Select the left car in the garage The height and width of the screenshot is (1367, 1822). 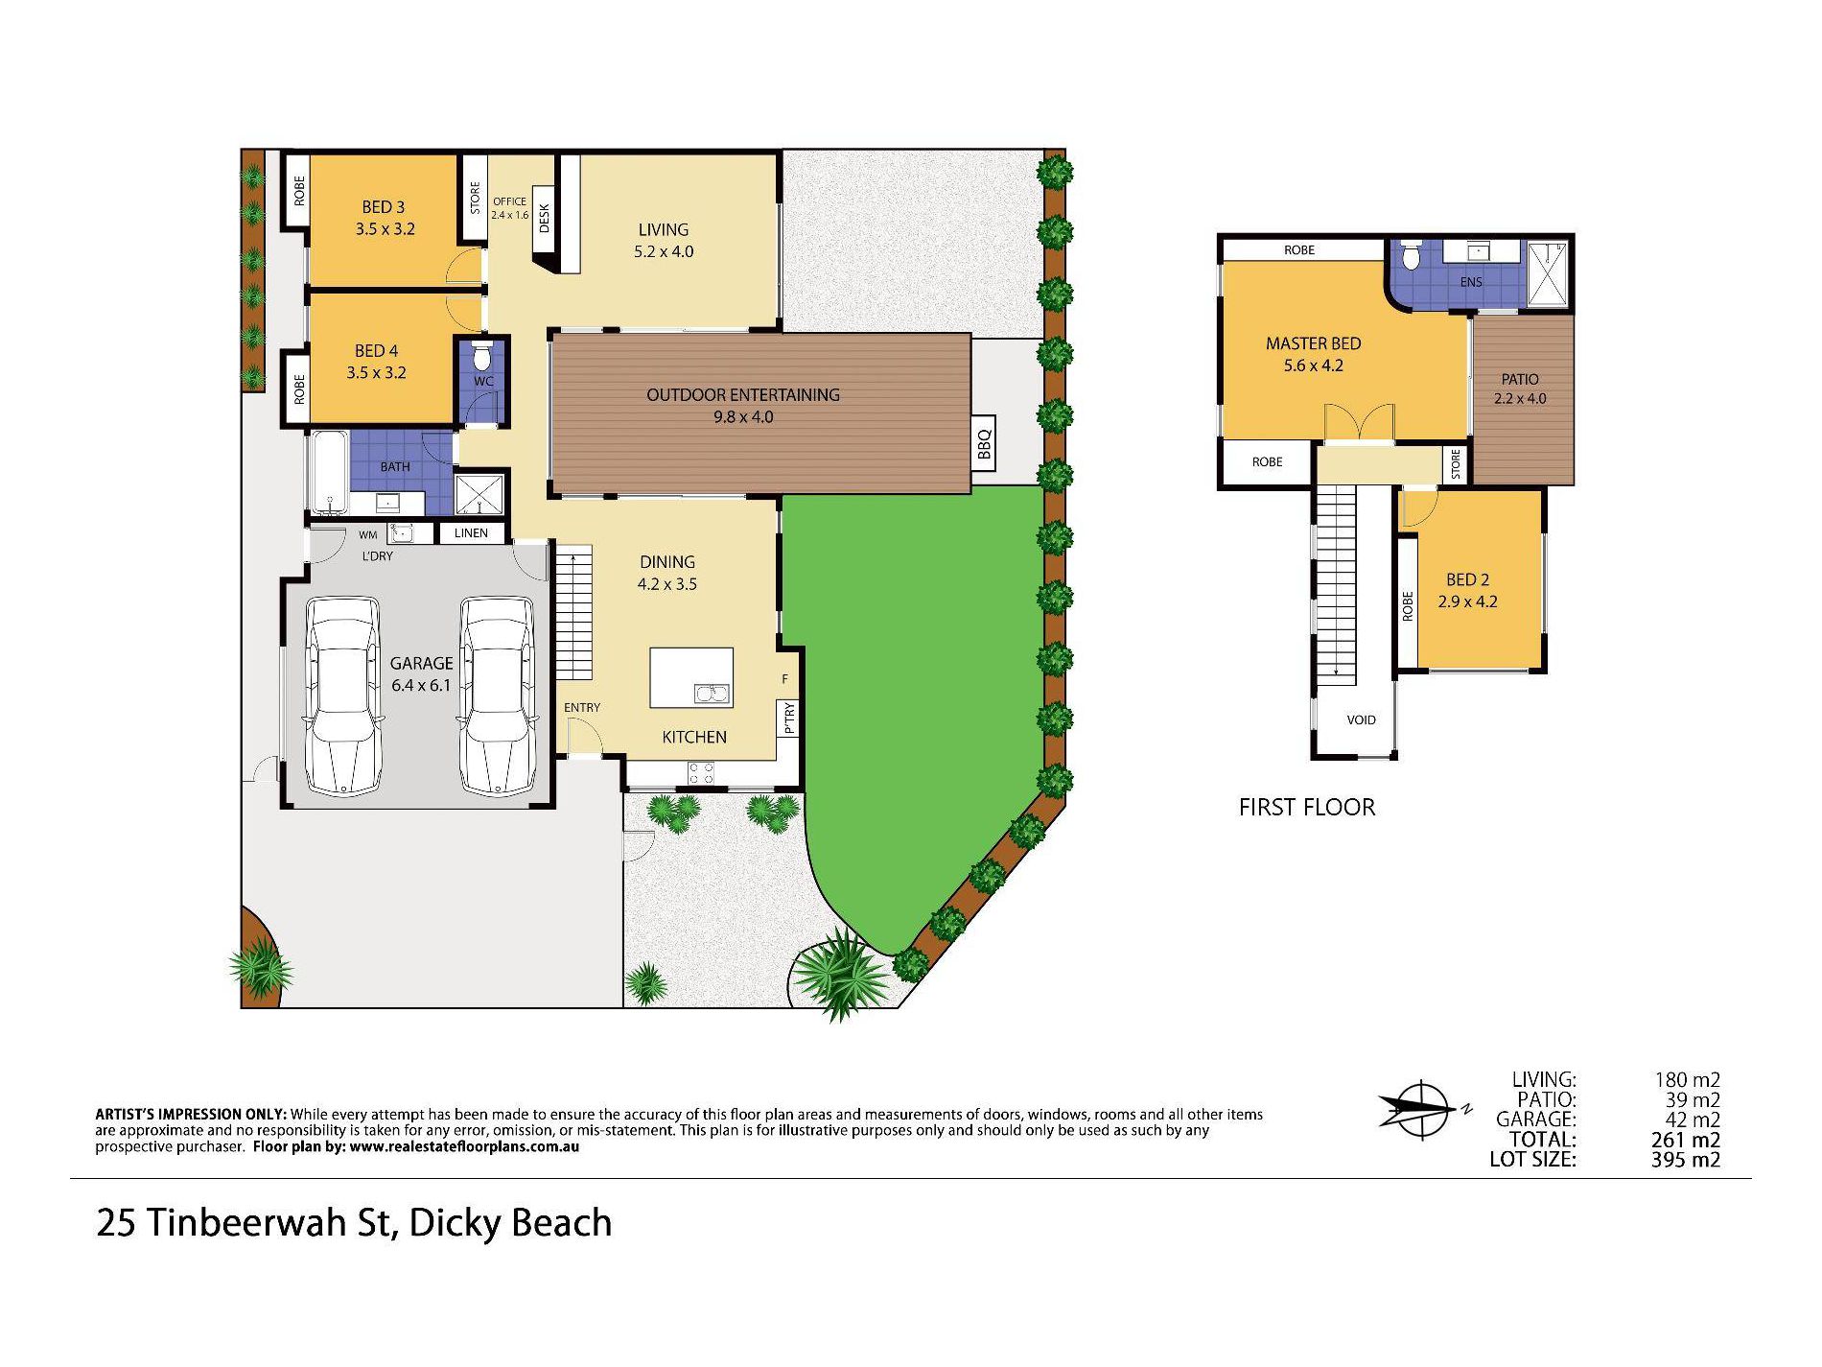click(342, 695)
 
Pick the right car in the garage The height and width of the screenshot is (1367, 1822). click(496, 695)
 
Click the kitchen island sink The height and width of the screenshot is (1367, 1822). click(711, 693)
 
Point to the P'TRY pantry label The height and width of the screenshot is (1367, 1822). click(788, 718)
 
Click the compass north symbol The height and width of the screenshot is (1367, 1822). click(1423, 1111)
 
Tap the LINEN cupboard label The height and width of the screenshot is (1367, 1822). click(471, 533)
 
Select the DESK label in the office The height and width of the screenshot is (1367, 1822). click(545, 218)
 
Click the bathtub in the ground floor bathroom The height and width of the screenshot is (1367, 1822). click(328, 473)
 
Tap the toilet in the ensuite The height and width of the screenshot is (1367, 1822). click(1410, 258)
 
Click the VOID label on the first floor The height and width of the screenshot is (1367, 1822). click(1361, 719)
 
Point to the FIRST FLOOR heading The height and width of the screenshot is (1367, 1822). click(1306, 808)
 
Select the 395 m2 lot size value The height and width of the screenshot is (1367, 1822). click(1685, 1160)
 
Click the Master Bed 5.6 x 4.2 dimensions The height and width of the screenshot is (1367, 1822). click(1313, 365)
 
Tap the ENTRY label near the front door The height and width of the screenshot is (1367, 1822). click(581, 708)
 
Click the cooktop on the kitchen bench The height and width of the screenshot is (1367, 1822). click(700, 772)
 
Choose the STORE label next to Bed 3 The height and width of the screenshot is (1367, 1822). click(475, 198)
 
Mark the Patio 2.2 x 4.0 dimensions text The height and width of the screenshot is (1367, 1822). click(1520, 399)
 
